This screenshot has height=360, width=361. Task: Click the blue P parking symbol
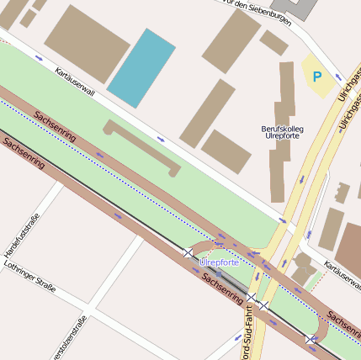(x=317, y=77)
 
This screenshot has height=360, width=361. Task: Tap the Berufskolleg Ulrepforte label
(x=283, y=132)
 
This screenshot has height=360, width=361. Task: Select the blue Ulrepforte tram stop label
(x=220, y=262)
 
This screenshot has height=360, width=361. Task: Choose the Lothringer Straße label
(x=29, y=277)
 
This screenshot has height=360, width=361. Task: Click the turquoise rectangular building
(x=141, y=67)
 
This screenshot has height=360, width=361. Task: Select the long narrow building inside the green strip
(x=142, y=147)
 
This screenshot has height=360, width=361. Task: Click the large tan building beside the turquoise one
(x=87, y=43)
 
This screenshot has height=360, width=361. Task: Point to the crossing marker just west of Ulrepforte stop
(x=188, y=252)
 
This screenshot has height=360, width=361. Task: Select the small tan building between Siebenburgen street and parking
(x=273, y=42)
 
